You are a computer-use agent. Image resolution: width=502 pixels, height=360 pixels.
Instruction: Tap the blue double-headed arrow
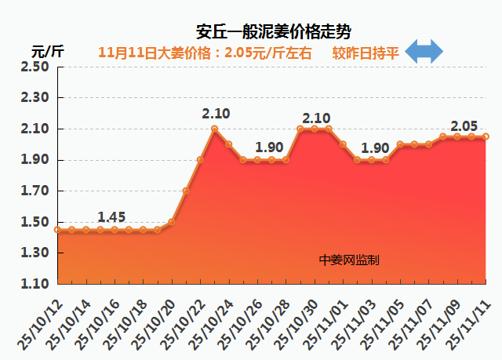pos(424,53)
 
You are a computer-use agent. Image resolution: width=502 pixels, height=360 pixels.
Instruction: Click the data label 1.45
pos(112,216)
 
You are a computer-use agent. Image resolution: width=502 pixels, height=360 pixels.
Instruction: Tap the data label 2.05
pos(464,125)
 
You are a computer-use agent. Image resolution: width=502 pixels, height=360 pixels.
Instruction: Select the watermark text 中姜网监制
pos(349,260)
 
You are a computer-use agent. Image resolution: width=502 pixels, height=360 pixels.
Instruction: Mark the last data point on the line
pos(486,136)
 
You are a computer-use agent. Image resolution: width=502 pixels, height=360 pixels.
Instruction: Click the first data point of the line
pos(57,230)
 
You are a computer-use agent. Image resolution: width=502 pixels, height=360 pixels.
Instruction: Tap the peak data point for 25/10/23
pos(214,129)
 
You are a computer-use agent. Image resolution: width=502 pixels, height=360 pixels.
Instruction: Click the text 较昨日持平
pos(366,53)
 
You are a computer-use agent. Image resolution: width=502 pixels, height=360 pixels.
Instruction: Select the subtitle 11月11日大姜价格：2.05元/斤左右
pos(206,53)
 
